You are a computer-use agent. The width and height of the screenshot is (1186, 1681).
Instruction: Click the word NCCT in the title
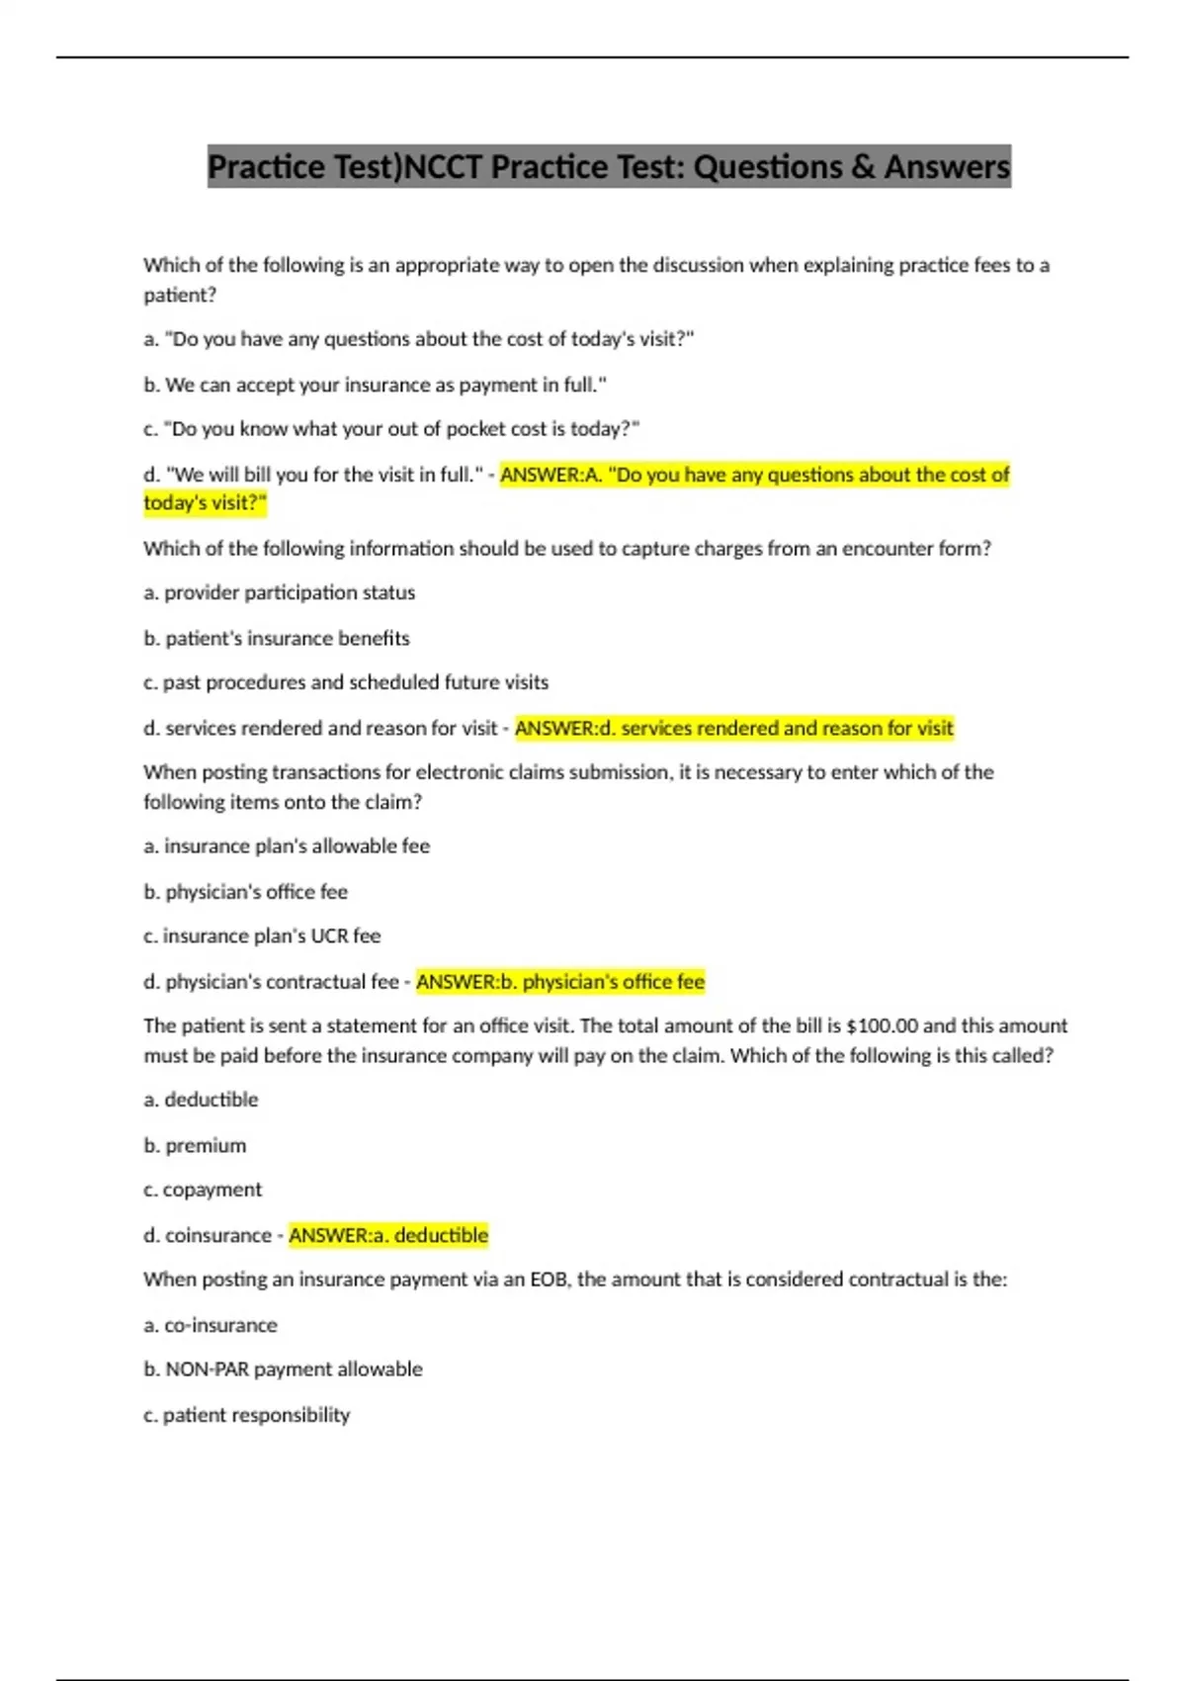pyautogui.click(x=444, y=167)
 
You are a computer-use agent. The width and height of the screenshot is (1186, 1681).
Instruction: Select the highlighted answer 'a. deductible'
pyautogui.click(x=388, y=1235)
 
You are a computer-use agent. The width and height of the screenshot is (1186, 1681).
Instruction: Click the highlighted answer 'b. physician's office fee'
pyautogui.click(x=560, y=982)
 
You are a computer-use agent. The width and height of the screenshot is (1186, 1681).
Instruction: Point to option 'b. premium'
pyautogui.click(x=195, y=1145)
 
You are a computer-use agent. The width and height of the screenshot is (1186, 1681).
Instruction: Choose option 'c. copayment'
pyautogui.click(x=203, y=1190)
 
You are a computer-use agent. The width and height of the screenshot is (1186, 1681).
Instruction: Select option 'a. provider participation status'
pyautogui.click(x=279, y=592)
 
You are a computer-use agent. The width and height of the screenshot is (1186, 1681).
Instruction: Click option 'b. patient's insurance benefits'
pyautogui.click(x=276, y=638)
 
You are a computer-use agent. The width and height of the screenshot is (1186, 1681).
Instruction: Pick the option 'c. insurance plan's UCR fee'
pyautogui.click(x=262, y=935)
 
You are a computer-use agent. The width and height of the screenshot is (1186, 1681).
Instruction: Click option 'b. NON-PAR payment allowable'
pyautogui.click(x=283, y=1369)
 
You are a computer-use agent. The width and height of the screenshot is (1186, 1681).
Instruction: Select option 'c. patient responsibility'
pyautogui.click(x=246, y=1414)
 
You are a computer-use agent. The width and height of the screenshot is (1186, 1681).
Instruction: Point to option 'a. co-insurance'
pyautogui.click(x=210, y=1324)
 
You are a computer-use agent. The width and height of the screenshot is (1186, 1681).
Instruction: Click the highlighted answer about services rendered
pyautogui.click(x=734, y=729)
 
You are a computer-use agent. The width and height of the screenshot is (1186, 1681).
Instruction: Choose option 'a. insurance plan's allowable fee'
pyautogui.click(x=287, y=845)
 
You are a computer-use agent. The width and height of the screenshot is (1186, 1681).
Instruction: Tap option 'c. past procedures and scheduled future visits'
pyautogui.click(x=345, y=682)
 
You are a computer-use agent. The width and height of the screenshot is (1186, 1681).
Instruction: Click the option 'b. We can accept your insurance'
pyautogui.click(x=375, y=385)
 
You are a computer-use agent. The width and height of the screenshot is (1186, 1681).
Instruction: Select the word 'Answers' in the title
pyautogui.click(x=947, y=167)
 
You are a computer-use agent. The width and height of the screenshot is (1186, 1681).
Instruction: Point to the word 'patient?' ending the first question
pyautogui.click(x=180, y=295)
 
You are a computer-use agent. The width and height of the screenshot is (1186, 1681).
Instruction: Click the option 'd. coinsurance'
pyautogui.click(x=207, y=1235)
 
